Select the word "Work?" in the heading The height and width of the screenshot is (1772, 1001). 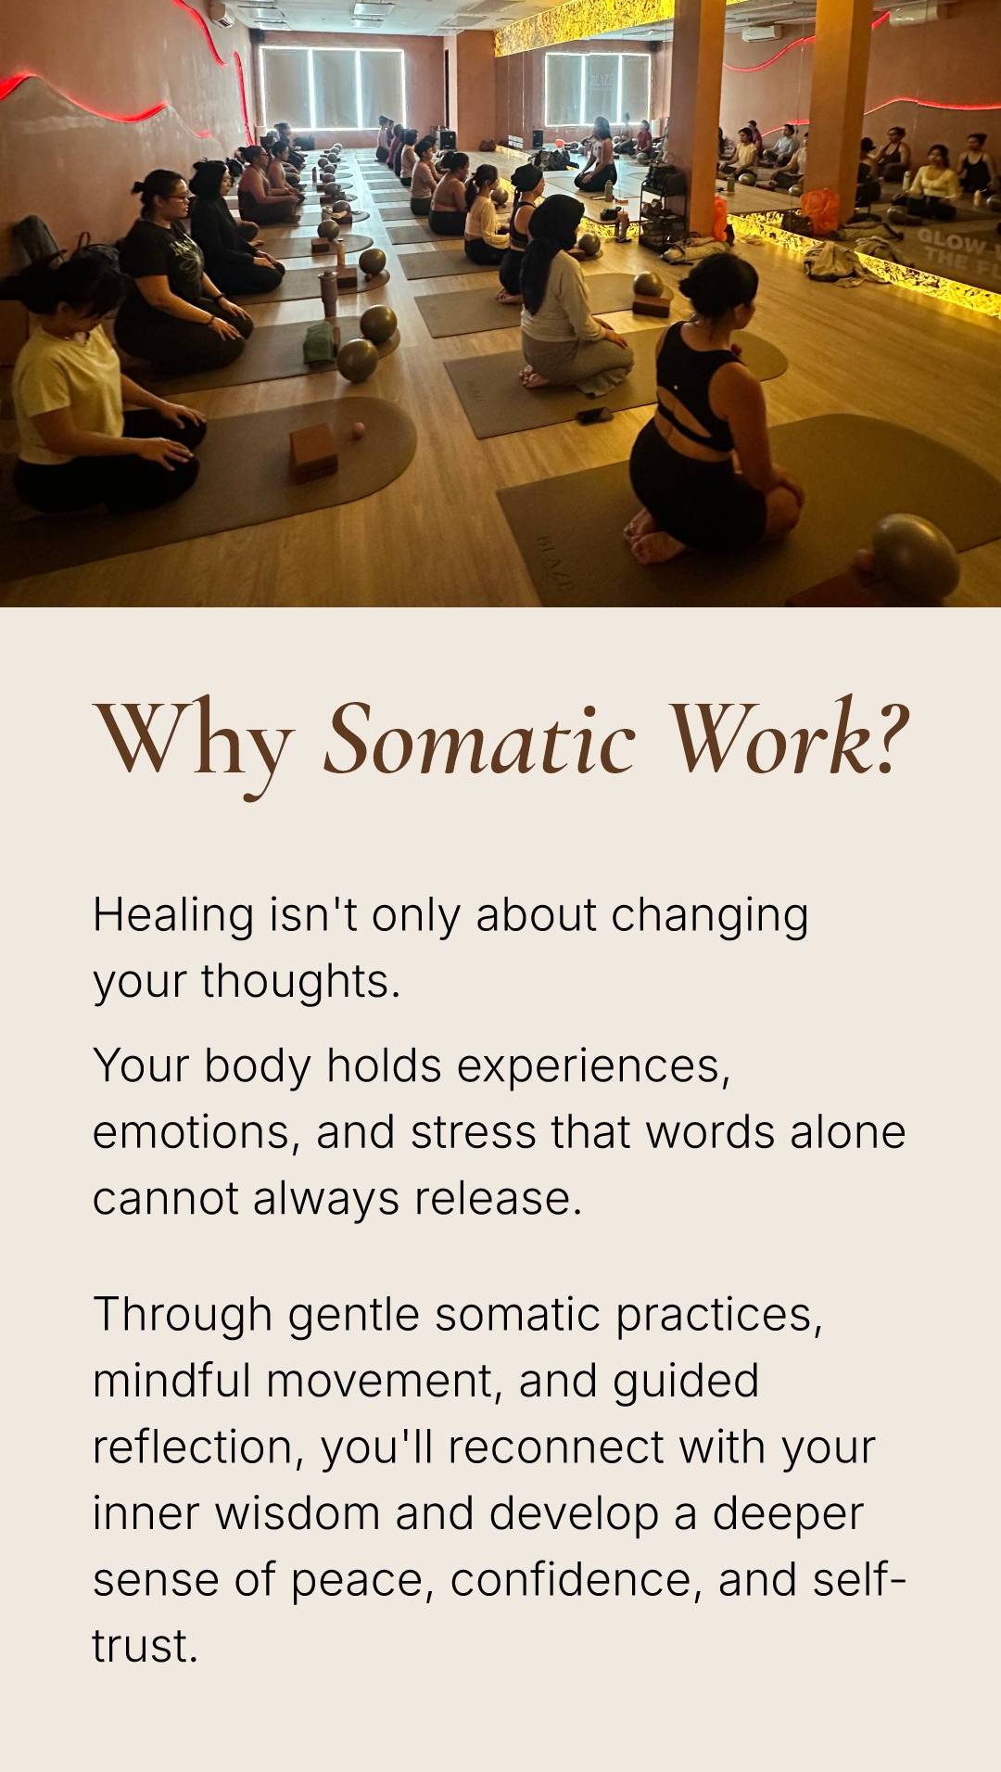[789, 737]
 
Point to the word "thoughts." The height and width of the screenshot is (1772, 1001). [300, 981]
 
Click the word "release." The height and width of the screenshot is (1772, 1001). [498, 1198]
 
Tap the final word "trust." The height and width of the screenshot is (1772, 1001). [146, 1647]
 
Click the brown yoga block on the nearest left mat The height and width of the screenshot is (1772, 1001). [314, 452]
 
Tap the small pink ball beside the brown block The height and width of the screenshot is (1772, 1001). [357, 429]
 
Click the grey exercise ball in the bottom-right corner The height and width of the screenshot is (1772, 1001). [915, 556]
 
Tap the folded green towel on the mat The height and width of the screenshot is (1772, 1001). [321, 343]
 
